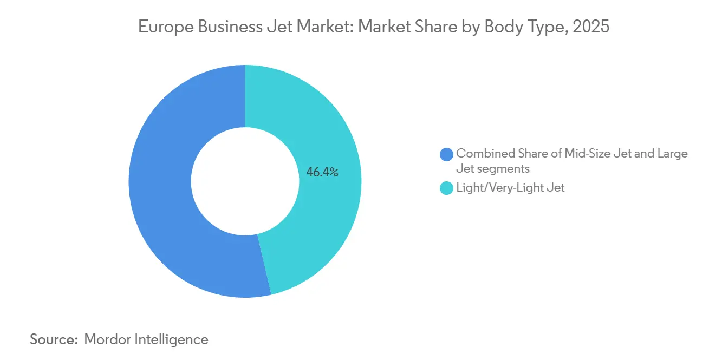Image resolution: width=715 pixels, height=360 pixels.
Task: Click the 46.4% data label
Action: click(322, 173)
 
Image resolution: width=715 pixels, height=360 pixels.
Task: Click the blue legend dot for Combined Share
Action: click(447, 154)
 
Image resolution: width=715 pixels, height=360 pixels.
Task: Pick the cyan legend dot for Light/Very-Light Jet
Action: click(447, 188)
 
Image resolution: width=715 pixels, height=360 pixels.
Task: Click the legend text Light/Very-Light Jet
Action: click(510, 188)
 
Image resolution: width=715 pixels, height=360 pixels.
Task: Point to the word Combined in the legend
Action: click(483, 153)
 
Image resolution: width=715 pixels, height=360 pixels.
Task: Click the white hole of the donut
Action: click(245, 181)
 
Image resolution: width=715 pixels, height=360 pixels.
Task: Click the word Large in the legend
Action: click(672, 153)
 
